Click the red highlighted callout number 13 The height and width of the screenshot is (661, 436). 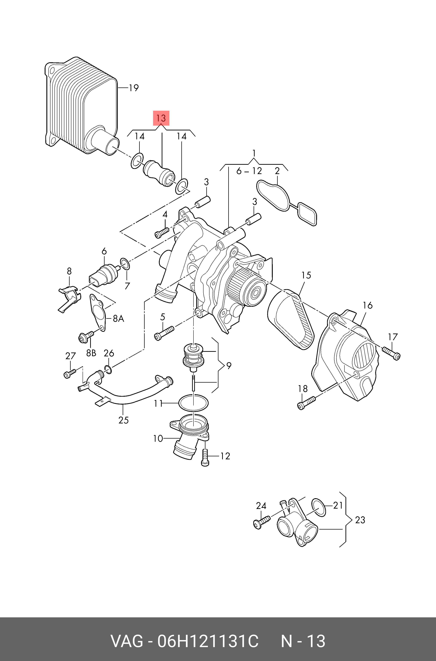point(161,118)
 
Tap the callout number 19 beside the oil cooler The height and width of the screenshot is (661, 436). point(134,88)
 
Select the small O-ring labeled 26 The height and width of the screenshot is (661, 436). point(108,370)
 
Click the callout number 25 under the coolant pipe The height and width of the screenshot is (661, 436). point(124,420)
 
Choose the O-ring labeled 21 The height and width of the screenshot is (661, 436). point(319,508)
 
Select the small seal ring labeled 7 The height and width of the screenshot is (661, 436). point(125,264)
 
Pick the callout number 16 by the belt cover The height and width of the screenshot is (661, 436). point(368,306)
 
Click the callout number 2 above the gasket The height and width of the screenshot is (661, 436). point(277,171)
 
